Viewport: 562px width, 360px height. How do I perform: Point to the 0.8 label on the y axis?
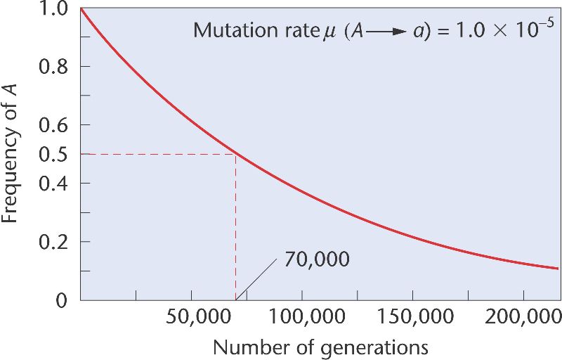(53, 67)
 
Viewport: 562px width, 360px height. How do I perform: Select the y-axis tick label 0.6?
(53, 125)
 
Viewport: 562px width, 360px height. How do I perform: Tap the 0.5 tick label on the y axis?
(53, 154)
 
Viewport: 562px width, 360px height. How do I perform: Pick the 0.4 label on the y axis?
(53, 184)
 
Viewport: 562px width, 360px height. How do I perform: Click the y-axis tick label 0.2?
(53, 242)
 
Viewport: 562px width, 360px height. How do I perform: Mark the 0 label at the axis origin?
(62, 300)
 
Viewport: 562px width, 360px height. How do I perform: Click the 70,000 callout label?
(317, 259)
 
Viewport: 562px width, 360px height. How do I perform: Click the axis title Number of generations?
(320, 347)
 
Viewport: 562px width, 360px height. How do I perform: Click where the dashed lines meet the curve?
(235, 154)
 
